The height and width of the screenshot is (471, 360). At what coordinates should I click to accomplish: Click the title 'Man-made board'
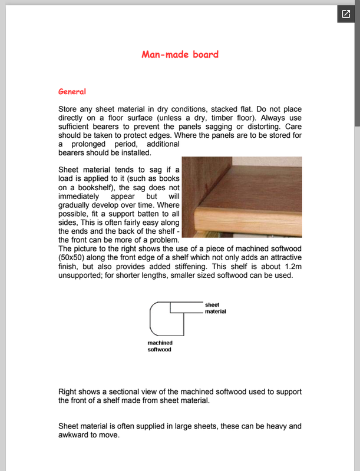pyautogui.click(x=180, y=55)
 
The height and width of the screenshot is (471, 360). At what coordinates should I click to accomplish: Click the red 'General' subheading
pyautogui.click(x=72, y=92)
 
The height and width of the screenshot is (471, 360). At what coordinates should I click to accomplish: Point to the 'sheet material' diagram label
pyautogui.click(x=215, y=308)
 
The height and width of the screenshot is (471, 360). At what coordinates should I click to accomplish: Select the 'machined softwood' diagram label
pyautogui.click(x=160, y=346)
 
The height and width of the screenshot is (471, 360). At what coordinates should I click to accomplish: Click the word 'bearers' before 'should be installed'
pyautogui.click(x=73, y=153)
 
